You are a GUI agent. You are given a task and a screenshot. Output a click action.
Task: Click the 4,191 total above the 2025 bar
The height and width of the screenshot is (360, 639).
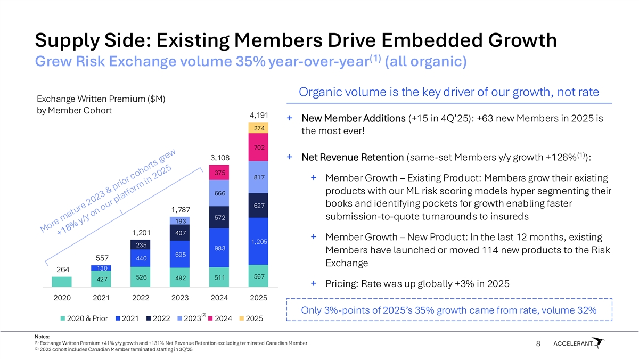coord(258,115)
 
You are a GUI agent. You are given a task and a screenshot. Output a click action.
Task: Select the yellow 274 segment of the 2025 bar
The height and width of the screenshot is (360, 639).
coord(259,128)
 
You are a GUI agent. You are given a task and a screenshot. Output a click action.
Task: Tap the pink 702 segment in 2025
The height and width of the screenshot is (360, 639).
coord(259,148)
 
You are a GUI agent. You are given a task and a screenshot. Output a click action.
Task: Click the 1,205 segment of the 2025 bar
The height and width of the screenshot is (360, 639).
coord(259,241)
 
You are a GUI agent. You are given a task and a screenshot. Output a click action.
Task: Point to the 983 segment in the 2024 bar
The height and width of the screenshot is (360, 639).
coord(219,248)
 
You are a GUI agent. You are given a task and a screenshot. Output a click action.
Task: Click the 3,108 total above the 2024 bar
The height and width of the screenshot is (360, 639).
coord(219,158)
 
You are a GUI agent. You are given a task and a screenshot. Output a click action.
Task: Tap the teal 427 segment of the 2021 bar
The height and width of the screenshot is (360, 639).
coord(102,279)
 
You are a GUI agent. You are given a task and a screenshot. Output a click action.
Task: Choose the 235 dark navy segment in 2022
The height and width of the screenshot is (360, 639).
coord(141,245)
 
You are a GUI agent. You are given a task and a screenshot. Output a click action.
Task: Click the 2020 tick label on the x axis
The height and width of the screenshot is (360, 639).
coord(62,297)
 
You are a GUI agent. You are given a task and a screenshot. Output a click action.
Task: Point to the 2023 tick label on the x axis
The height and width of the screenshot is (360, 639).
coord(179,297)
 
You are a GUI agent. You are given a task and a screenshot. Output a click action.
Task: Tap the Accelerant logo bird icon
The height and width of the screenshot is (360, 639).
coord(599,342)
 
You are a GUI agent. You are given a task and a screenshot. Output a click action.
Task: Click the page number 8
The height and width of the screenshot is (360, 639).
coord(538,344)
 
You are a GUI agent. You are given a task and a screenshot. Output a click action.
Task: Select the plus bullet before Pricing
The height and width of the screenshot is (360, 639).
coord(314,284)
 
